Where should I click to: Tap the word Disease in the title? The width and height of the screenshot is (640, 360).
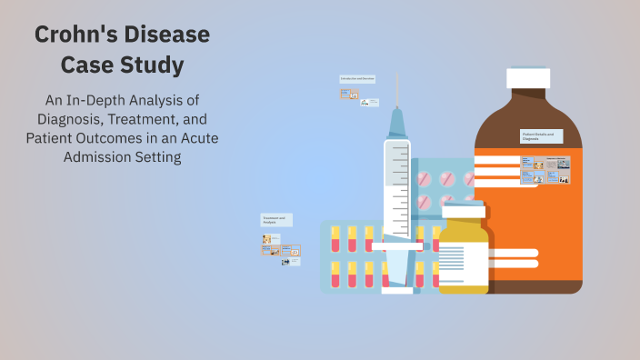pos(168,36)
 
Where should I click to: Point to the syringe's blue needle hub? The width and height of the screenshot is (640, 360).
pos(397,122)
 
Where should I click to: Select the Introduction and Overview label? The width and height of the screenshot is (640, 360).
pos(357,79)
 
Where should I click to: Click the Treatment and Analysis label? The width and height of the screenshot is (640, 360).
pos(275,220)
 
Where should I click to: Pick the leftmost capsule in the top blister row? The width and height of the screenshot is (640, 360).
pos(335,239)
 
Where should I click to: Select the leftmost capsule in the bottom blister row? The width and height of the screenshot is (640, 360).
pos(335,274)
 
